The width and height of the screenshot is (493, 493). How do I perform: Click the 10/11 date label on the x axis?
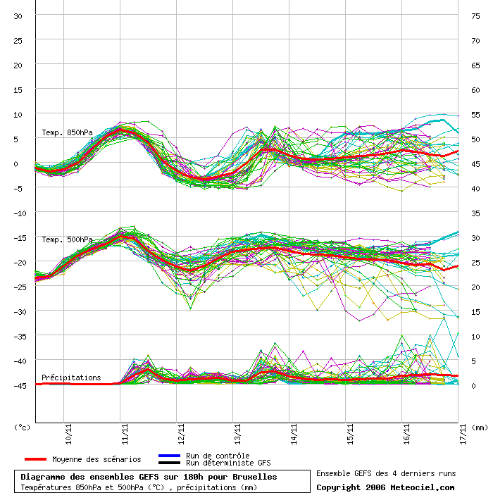point(68,435)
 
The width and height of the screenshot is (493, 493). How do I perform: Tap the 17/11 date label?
point(463,435)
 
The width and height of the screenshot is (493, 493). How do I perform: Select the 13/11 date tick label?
point(237,435)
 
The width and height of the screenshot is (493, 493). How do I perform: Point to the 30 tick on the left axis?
point(18,16)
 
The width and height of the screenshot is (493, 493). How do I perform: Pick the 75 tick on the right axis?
point(475,16)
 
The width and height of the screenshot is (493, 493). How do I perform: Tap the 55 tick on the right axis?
point(475,115)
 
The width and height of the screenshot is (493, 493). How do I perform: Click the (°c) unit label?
point(22,428)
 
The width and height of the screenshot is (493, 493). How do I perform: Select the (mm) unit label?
point(480,428)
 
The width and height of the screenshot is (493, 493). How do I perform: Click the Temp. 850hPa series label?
point(68,132)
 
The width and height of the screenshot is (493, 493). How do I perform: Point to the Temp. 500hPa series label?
point(68,240)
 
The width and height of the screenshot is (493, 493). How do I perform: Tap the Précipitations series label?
point(71,377)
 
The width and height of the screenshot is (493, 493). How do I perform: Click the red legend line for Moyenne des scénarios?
point(35,459)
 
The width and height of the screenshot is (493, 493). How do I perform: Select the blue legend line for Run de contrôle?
point(170,456)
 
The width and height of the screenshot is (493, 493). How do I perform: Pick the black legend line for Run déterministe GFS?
point(170,463)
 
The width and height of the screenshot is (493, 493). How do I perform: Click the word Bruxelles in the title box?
point(255,477)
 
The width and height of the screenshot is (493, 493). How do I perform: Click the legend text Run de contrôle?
point(218,456)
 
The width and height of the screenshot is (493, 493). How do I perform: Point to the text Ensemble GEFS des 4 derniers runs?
point(386,473)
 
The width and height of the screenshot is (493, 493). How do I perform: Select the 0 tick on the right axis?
point(473,386)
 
